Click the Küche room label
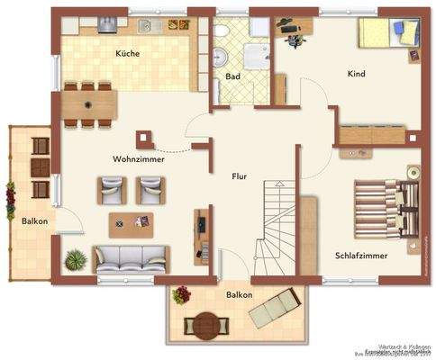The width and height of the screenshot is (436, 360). tap(127, 54)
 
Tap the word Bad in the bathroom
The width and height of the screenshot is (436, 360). tap(232, 77)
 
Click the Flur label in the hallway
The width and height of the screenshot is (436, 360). tap(239, 177)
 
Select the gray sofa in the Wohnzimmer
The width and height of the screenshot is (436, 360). tap(131, 258)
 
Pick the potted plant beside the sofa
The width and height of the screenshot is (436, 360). tap(77, 260)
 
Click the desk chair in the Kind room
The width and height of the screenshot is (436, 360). tap(292, 36)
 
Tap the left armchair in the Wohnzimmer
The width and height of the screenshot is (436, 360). tap(114, 189)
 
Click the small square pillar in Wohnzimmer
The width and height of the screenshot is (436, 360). tap(142, 139)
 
